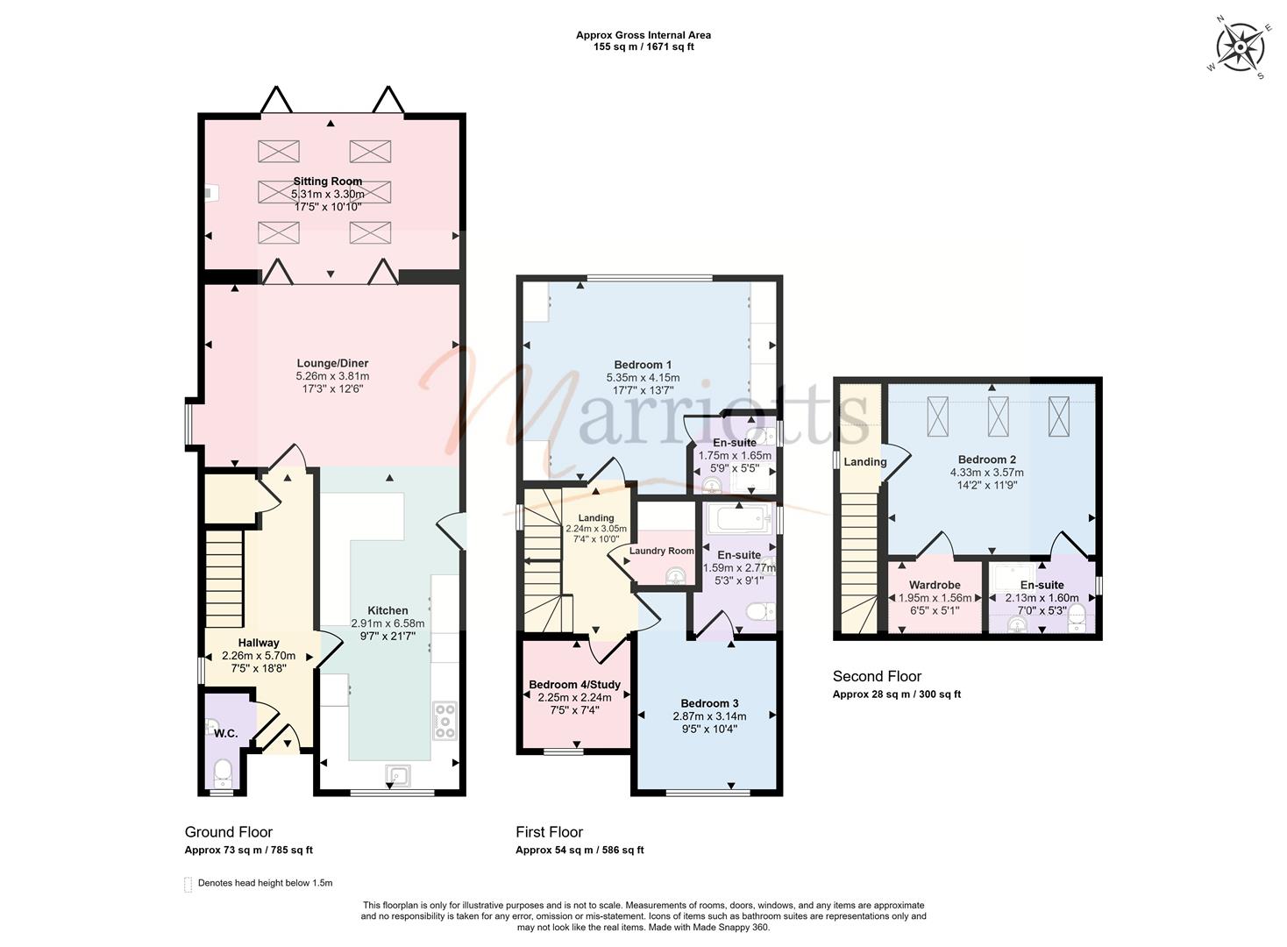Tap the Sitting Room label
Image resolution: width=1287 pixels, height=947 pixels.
[328, 181]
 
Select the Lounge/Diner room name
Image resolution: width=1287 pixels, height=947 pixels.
[332, 363]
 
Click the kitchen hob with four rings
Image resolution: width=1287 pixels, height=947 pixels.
[444, 720]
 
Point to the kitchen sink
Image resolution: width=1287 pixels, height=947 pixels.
[398, 775]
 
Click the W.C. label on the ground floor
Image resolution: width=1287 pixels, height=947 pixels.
[226, 734]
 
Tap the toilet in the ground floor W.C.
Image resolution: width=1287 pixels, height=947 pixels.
[223, 773]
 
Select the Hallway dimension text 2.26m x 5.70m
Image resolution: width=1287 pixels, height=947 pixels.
[259, 656]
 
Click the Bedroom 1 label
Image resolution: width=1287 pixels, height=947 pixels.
[643, 365]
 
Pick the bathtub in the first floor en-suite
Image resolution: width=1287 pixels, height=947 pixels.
[739, 519]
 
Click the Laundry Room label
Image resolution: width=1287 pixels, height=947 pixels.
[661, 551]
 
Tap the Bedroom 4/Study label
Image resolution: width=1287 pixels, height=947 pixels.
[574, 685]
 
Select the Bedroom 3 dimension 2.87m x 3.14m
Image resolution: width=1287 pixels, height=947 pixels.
[709, 716]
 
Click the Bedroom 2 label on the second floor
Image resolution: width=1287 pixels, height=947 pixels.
[987, 459]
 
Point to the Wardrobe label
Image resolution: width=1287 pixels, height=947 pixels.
[935, 585]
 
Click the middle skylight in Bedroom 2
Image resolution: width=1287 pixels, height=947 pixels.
[998, 416]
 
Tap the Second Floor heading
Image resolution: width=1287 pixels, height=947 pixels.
[878, 676]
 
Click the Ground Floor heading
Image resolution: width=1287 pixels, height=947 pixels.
[229, 832]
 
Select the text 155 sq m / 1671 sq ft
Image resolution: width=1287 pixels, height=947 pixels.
[643, 46]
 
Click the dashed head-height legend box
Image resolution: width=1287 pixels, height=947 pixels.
[188, 885]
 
